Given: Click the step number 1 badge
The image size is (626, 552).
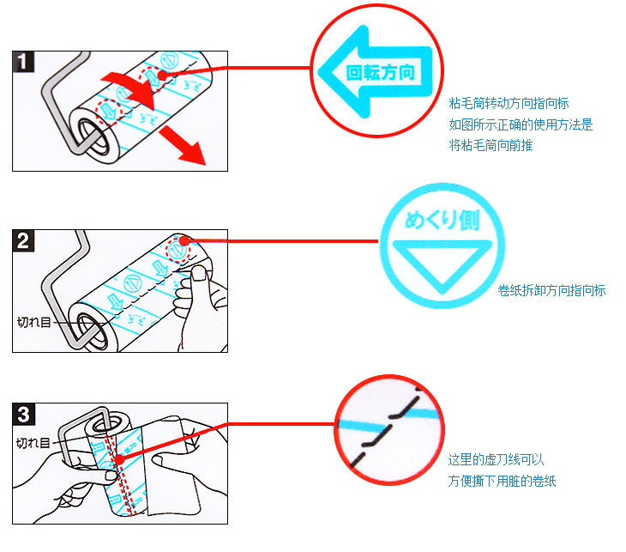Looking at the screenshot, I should coord(24,62).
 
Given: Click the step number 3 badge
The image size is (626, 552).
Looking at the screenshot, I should coord(24,416).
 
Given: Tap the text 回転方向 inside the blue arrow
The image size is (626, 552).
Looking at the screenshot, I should coord(380,73).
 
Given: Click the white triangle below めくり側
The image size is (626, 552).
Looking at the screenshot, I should coord(441,263).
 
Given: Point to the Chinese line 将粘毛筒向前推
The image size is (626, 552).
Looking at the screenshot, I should coord(491,145).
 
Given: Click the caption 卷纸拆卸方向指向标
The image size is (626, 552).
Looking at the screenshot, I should coord(551,290).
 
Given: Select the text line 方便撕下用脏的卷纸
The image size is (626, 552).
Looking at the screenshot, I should coord(502,481).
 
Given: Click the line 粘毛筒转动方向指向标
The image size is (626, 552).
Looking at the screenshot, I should coord(509,104).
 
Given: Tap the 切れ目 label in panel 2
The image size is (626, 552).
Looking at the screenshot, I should coord(34,324).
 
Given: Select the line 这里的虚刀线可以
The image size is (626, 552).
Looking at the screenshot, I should coord(496,459).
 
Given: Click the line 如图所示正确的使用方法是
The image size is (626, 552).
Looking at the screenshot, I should coord(521,124).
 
